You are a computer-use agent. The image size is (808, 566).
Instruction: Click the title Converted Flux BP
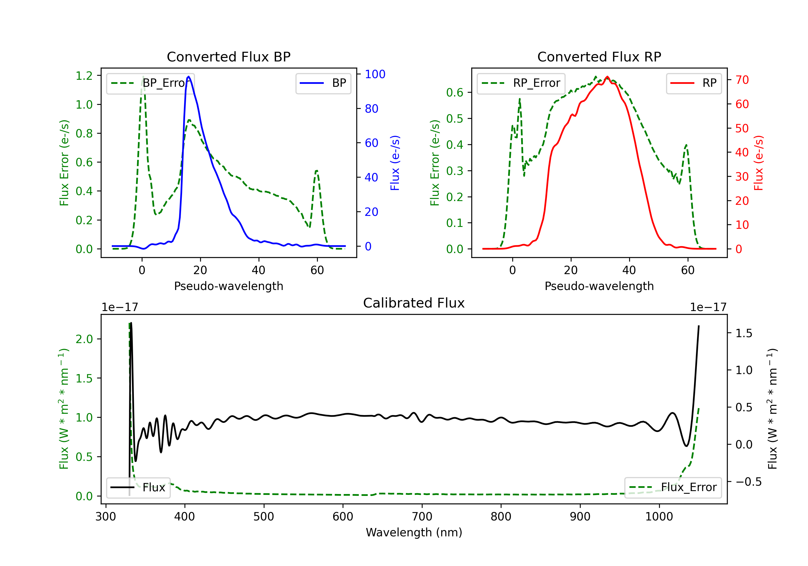coord(228,57)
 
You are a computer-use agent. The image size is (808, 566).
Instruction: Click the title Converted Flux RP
coord(599,57)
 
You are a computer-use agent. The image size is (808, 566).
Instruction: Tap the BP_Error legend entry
coord(150,83)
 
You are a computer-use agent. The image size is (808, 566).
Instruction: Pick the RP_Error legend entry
coord(521,83)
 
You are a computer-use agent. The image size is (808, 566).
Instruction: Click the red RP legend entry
coord(694,83)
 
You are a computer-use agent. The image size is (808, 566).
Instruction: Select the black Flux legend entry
coord(138,488)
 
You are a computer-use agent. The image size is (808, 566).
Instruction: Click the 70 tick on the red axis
coord(742,80)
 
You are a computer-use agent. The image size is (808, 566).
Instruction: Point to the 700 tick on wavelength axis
coord(422,517)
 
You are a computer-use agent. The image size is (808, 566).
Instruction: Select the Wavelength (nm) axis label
coord(414,532)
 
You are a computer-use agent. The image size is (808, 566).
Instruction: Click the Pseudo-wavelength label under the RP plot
coord(599,286)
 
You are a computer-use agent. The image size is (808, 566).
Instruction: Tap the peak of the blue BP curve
coord(189,77)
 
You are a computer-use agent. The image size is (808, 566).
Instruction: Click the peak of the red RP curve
coord(607,77)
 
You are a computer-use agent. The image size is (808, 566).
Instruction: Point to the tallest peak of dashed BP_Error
coord(143,77)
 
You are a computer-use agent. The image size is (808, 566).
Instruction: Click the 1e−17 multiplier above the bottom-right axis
coord(708,307)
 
